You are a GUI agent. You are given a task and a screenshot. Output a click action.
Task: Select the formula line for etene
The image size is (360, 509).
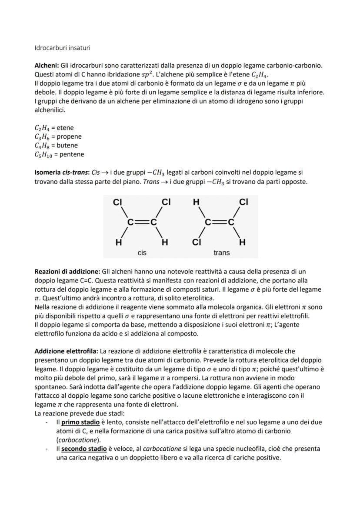tap(54, 128)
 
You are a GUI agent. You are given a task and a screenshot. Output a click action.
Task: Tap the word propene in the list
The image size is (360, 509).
tap(69, 136)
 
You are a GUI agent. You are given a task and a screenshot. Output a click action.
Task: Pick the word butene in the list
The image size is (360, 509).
tap(67, 145)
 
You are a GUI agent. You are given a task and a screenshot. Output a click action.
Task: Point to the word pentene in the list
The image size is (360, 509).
tap(72, 154)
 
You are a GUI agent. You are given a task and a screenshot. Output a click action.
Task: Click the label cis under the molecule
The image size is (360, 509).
tap(142, 252)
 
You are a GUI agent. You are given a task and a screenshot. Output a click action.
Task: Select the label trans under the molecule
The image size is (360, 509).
tap(222, 252)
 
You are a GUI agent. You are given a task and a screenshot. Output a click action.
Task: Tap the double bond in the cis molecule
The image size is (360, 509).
tap(142, 222)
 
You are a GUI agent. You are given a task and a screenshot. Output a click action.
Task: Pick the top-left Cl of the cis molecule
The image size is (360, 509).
tap(117, 202)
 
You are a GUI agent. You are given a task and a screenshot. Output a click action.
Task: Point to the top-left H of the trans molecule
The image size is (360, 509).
tap(196, 202)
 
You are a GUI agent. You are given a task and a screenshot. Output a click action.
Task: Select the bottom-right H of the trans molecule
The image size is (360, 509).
tap(243, 242)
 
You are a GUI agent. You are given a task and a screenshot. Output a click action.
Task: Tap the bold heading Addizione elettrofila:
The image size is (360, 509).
tap(66, 350)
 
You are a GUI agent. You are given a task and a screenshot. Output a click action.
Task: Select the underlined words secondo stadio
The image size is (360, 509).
tap(81, 449)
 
